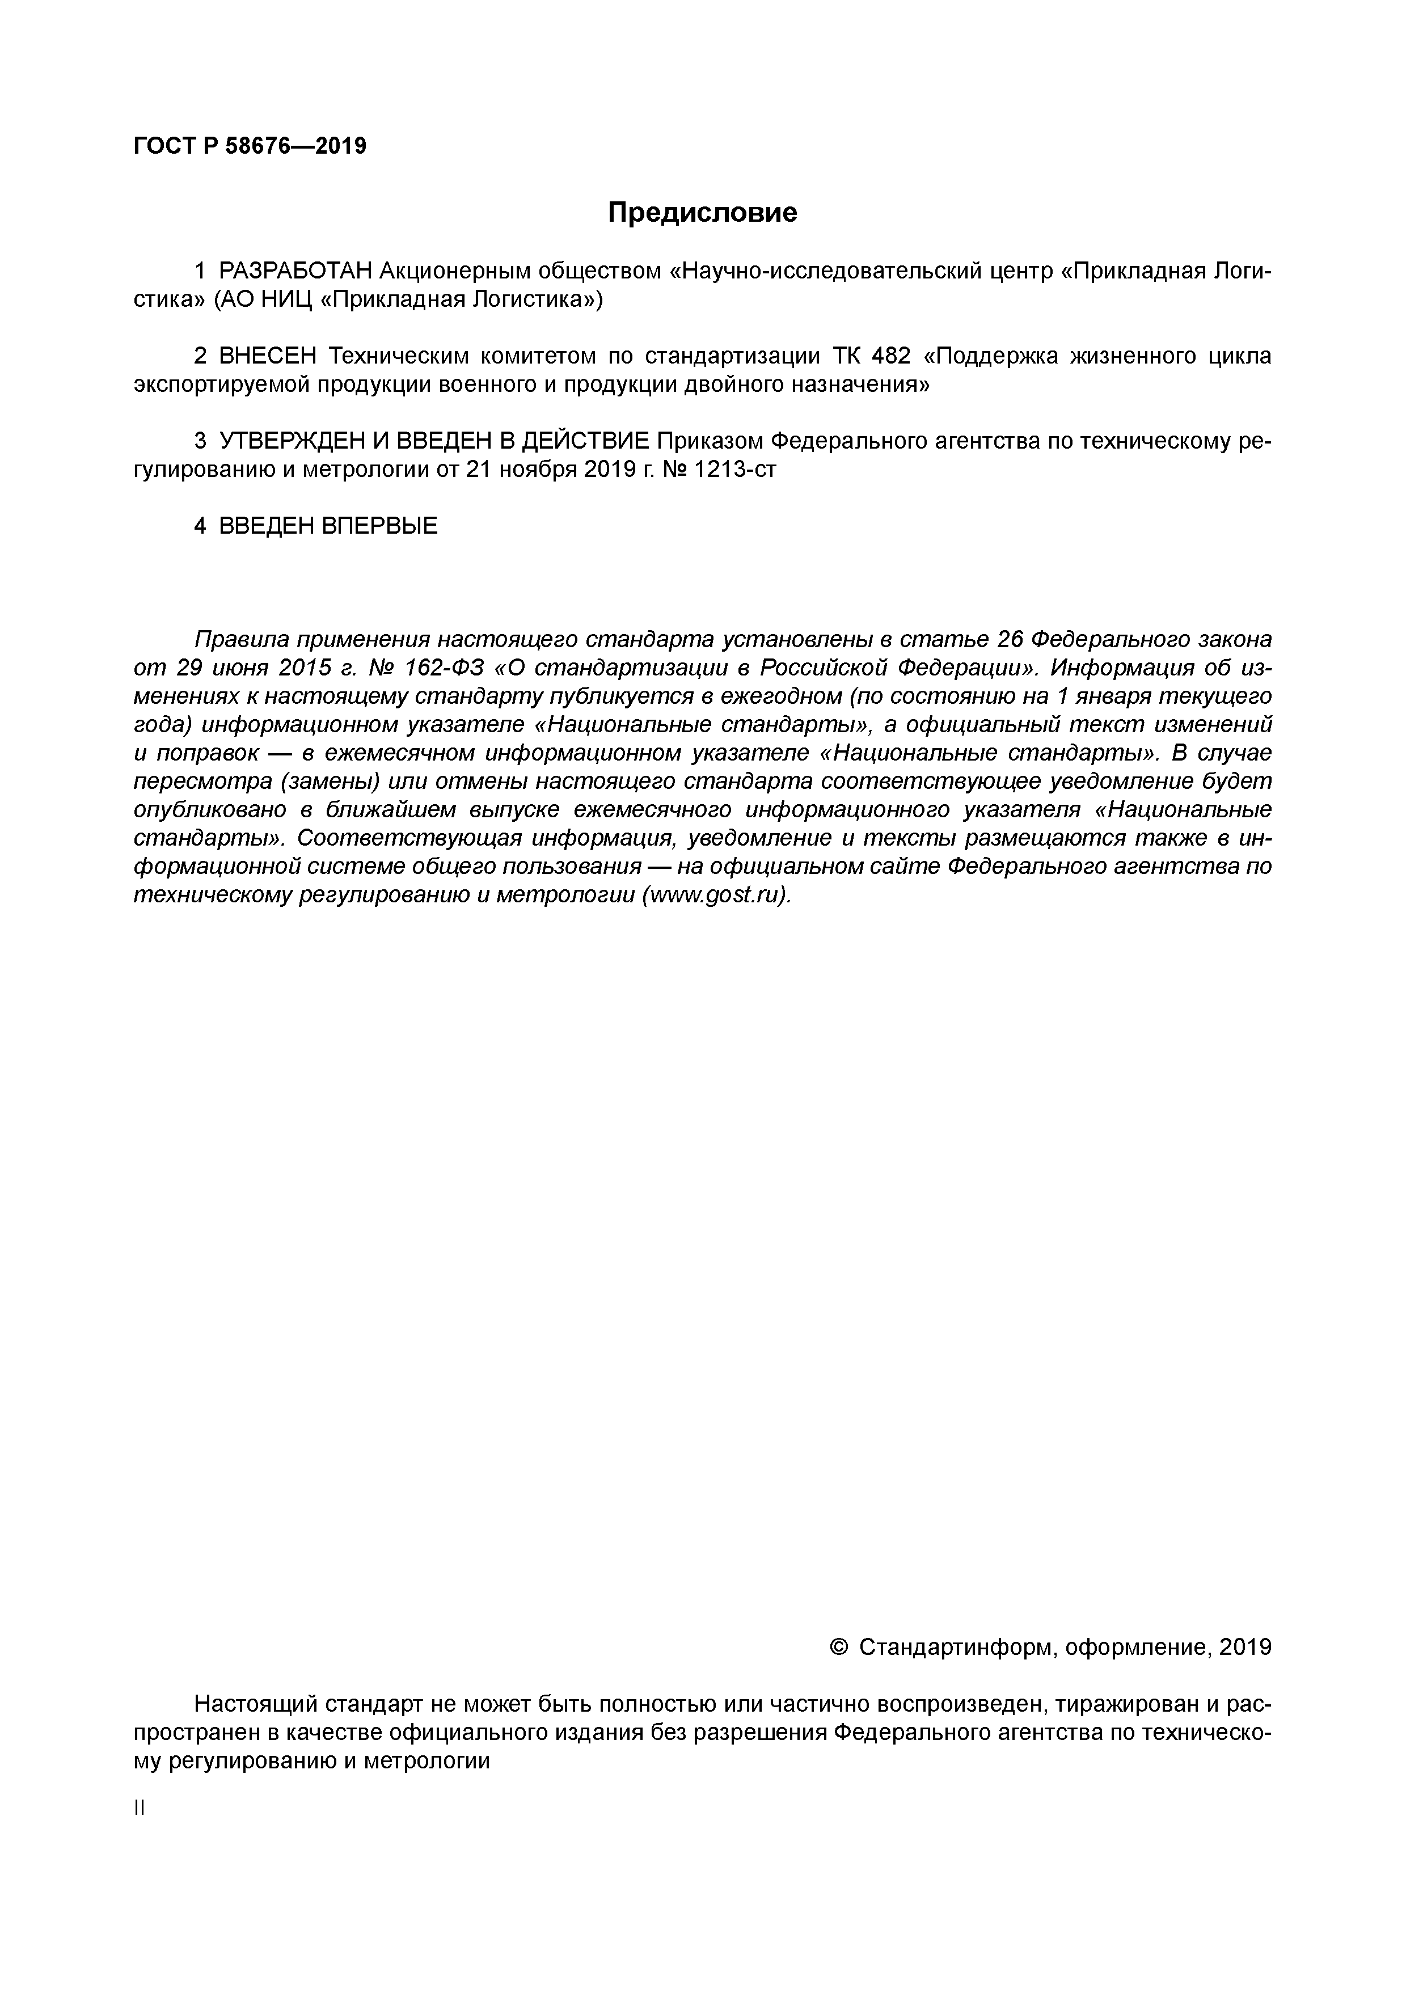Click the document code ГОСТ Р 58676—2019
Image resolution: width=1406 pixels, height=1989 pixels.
(x=250, y=146)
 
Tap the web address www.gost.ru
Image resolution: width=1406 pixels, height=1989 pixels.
(x=715, y=895)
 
